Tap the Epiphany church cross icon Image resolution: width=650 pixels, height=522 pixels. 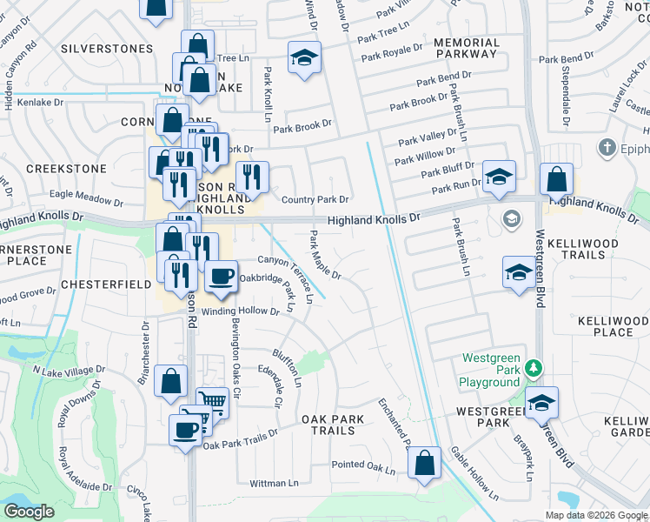607,148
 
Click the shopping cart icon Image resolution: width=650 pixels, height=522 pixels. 212,402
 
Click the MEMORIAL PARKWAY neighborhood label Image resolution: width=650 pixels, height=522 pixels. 466,48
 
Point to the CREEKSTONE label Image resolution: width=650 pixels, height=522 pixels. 66,168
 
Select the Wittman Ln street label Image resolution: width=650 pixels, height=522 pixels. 274,483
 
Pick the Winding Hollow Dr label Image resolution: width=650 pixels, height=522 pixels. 240,311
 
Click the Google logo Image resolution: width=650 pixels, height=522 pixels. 29,512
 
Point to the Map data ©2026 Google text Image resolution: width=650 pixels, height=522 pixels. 596,515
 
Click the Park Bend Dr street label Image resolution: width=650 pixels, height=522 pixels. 443,80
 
